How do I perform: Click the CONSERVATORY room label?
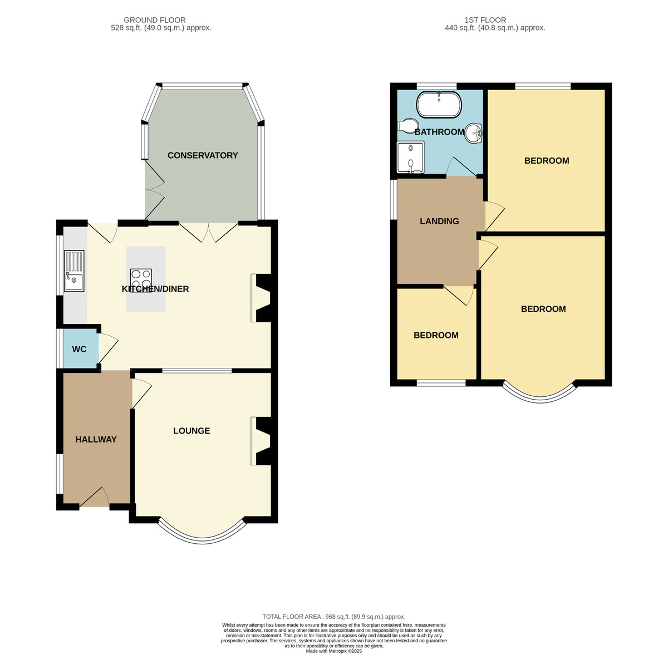point(203,155)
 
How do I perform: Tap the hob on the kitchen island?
point(141,281)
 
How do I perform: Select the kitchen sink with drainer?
point(74,271)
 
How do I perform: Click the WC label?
point(80,349)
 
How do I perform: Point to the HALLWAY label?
point(96,439)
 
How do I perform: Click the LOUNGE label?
point(191,431)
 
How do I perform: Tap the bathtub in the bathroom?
point(439,105)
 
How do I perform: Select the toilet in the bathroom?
point(408,125)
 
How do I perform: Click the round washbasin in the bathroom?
point(474,133)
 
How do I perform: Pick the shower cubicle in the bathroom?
point(411,157)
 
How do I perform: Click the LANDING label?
point(439,221)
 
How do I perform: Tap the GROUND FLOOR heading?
point(155,20)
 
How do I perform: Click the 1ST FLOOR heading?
point(485,20)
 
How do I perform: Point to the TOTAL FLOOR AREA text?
point(334,617)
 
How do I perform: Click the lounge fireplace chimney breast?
point(263,441)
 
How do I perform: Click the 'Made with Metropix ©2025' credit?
point(334,651)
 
